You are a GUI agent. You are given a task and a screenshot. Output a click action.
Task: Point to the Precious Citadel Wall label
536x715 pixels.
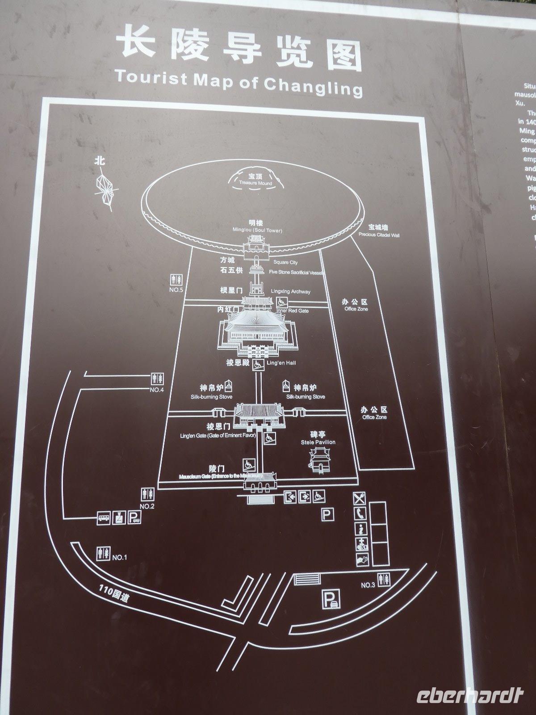tap(379, 234)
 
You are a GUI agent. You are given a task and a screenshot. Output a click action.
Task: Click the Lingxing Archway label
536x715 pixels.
tap(290, 291)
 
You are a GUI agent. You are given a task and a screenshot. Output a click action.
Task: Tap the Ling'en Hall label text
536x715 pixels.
tap(281, 363)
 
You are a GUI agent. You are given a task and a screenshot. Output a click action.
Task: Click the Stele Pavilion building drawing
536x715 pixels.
tap(318, 460)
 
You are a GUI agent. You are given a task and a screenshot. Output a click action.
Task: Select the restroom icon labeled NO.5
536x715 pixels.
tap(176, 279)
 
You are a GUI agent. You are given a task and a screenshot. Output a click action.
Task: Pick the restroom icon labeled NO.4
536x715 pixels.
tap(158, 379)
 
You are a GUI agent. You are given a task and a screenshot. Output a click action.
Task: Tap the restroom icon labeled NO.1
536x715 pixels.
tap(104, 553)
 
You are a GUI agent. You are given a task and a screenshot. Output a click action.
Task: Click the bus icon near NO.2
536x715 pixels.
tap(104, 518)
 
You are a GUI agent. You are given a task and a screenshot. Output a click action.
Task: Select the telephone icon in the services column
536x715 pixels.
tap(360, 514)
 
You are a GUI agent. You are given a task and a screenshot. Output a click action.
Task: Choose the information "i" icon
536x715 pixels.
tap(361, 529)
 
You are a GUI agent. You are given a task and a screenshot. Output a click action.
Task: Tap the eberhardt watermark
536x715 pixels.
tap(469, 696)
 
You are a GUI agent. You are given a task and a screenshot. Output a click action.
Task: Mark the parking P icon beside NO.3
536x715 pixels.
tap(331, 598)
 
